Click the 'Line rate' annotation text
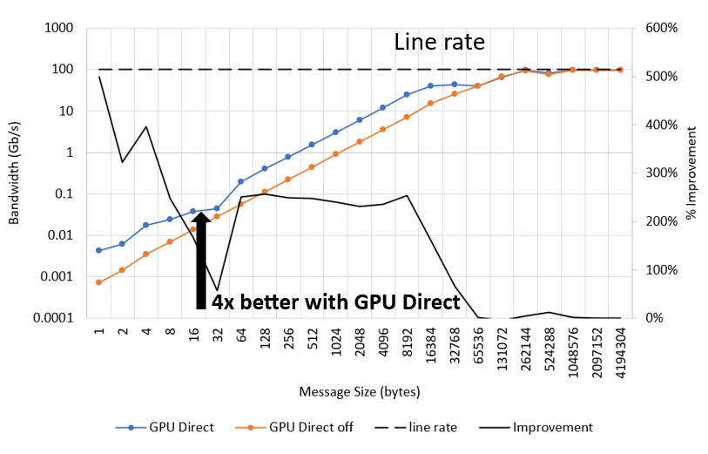439,42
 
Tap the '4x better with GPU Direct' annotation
335,302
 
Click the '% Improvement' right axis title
691,173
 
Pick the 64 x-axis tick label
241,333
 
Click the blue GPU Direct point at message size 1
99,250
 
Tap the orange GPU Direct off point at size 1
99,282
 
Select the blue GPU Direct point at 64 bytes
241,181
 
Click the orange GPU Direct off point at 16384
430,104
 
